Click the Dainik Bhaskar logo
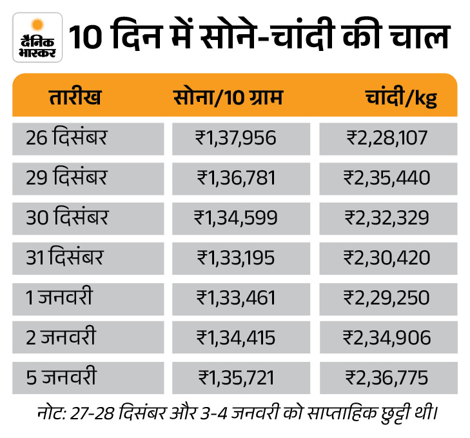click(x=37, y=37)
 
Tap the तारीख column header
click(x=75, y=98)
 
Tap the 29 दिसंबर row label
click(x=67, y=177)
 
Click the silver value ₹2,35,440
click(x=387, y=177)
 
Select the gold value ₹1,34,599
click(x=235, y=217)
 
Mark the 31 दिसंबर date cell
click(x=64, y=257)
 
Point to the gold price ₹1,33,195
click(x=235, y=257)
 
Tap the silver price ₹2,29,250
click(x=387, y=297)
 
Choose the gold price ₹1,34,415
click(x=235, y=337)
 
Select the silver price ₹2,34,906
click(x=387, y=337)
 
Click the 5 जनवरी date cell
click(x=61, y=377)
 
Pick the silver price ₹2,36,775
click(x=387, y=377)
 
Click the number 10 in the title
click(x=85, y=37)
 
